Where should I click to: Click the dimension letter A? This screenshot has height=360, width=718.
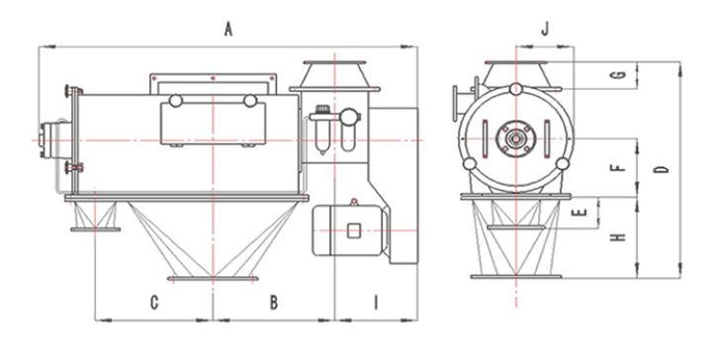pyautogui.click(x=228, y=30)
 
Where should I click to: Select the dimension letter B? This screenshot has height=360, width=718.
pyautogui.click(x=273, y=303)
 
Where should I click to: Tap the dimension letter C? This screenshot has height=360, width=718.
pyautogui.click(x=154, y=303)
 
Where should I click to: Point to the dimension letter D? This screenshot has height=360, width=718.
pyautogui.click(x=662, y=169)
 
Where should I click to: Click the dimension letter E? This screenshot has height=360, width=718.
pyautogui.click(x=581, y=212)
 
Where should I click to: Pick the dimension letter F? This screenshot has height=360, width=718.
pyautogui.click(x=618, y=167)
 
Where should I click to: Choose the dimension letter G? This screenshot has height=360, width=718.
pyautogui.click(x=619, y=74)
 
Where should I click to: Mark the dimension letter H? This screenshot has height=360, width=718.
pyautogui.click(x=618, y=236)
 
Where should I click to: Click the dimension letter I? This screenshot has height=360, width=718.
pyautogui.click(x=376, y=303)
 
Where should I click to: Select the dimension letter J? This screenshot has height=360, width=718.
pyautogui.click(x=545, y=30)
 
